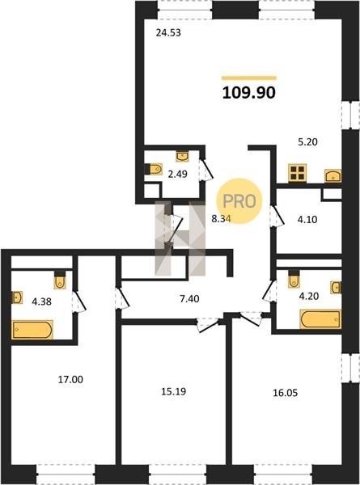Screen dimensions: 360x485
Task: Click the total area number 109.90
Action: pos(249,92)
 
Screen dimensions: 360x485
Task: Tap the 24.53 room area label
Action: pos(168,32)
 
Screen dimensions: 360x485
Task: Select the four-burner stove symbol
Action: pos(298,173)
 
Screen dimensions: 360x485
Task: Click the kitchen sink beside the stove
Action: pos(332,175)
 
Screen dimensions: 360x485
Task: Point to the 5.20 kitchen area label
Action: pos(307,142)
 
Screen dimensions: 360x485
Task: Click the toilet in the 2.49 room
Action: pos(155,169)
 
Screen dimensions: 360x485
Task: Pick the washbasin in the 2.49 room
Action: pos(183,156)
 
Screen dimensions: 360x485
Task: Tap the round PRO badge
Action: pos(239,201)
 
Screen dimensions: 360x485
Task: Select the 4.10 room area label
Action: pos(307,219)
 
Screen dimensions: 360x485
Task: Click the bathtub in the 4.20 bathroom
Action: pos(320,319)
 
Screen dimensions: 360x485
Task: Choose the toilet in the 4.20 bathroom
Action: pos(294,279)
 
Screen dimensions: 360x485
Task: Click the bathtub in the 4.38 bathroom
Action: pos(32,330)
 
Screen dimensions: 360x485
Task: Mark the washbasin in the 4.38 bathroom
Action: pos(17,297)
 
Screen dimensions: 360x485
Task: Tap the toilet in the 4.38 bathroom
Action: pos(60,280)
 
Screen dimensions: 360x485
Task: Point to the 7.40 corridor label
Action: pos(189,299)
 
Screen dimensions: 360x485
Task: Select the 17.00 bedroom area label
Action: pos(70,379)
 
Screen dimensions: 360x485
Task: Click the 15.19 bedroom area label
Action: pos(174,391)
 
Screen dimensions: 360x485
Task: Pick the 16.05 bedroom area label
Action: pos(285,393)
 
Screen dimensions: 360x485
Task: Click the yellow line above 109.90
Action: pos(249,78)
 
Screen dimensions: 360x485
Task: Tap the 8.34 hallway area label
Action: pos(221,219)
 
